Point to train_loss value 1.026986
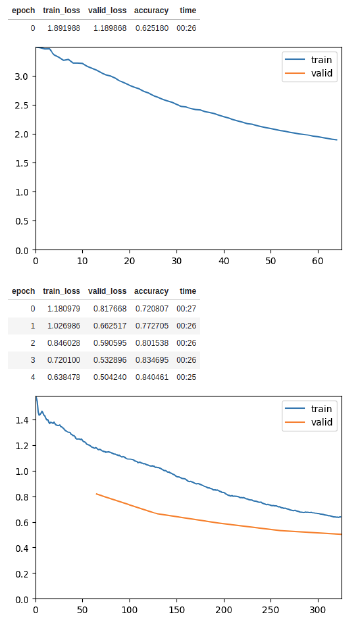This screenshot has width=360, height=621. pos(61,326)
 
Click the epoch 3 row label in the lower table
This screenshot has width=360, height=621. pos(32,360)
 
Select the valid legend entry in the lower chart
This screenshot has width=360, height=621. pos(321,423)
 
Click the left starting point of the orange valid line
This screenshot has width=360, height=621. pos(96,493)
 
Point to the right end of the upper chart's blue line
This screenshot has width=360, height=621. pos(337,140)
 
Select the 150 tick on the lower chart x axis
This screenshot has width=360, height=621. pos(177,609)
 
